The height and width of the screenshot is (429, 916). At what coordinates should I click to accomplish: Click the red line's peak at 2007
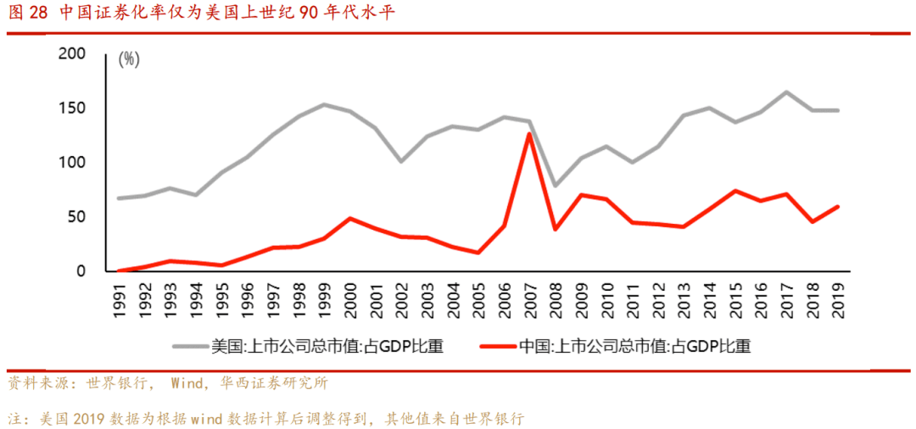click(528, 134)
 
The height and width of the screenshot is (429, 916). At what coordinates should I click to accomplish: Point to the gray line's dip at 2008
click(555, 185)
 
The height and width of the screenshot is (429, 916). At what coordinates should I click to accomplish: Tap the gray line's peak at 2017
click(786, 92)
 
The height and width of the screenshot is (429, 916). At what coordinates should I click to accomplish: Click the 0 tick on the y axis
click(81, 271)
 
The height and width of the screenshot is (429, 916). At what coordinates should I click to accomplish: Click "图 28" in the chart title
click(28, 13)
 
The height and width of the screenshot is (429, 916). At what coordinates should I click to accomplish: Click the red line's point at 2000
click(350, 219)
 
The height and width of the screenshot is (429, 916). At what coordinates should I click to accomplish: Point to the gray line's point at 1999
click(325, 105)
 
